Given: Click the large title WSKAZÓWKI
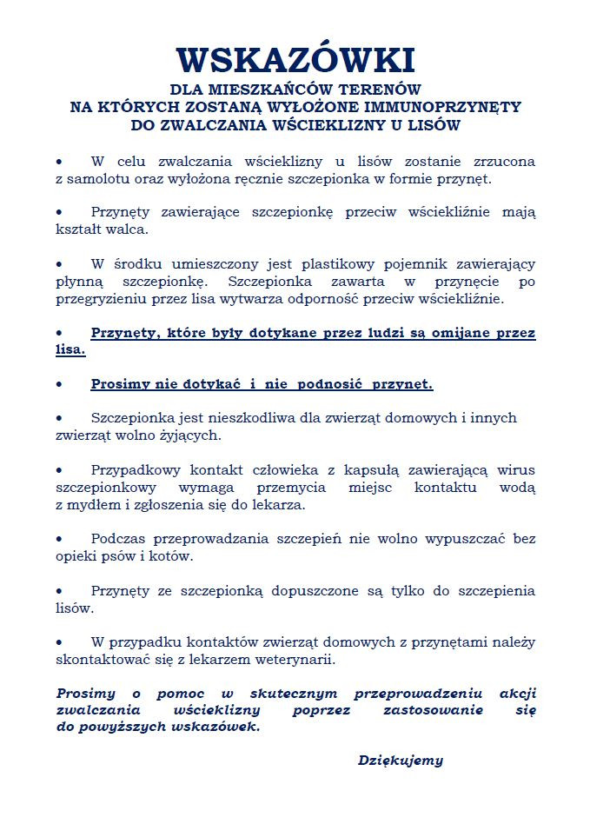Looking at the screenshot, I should pyautogui.click(x=295, y=58).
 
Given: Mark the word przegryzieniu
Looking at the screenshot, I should pyautogui.click(x=97, y=299).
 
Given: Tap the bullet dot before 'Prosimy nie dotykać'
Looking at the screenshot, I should pyautogui.click(x=59, y=384).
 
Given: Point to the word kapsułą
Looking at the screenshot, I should pyautogui.click(x=348, y=469).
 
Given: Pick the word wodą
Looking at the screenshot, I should pyautogui.click(x=517, y=487).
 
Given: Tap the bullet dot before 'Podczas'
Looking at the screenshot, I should pyautogui.click(x=59, y=539).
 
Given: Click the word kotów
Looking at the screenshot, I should pyautogui.click(x=170, y=556).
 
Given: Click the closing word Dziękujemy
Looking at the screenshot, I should pyautogui.click(x=401, y=761).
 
